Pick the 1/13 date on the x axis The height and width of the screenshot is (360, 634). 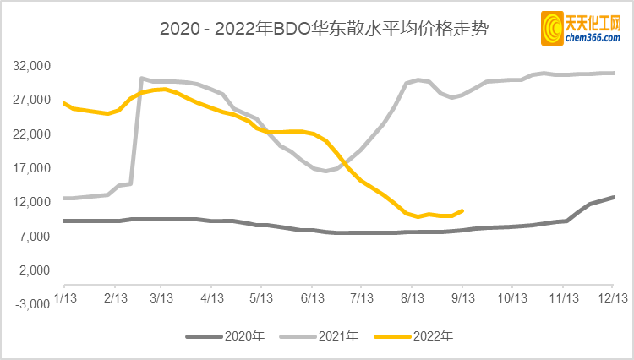pos(66,298)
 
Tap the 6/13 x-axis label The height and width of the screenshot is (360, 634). pos(313,298)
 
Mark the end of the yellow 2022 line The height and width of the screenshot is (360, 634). pos(462,210)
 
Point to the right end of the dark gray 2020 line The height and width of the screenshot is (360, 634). pos(613,197)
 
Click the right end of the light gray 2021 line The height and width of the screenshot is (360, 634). pos(613,73)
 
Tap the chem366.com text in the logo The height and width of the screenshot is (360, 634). pos(593,37)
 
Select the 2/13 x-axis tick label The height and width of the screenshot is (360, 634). pos(115,298)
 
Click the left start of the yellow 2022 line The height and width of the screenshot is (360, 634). pos(65,103)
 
